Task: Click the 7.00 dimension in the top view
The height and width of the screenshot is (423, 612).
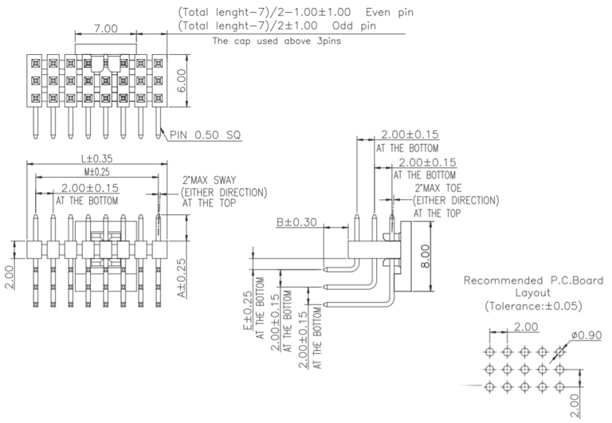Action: [105, 29]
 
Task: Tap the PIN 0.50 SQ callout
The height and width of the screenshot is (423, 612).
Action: [206, 135]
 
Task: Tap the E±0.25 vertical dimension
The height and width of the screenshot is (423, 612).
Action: [249, 311]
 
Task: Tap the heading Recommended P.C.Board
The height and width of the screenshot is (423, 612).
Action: [533, 280]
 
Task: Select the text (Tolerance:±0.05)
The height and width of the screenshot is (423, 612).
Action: [533, 306]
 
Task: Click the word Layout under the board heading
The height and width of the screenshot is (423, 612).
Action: [532, 293]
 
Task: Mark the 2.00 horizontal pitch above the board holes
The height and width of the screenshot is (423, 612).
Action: [526, 327]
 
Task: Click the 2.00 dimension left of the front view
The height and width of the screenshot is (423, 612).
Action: [9, 278]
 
